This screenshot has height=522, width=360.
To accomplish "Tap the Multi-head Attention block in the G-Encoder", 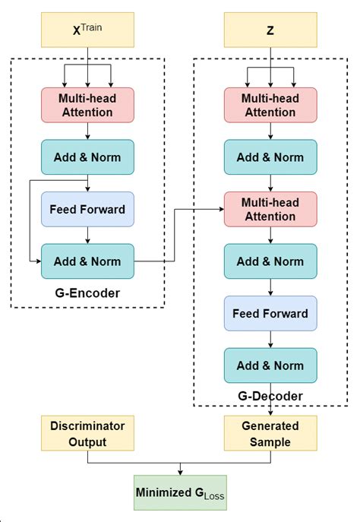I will [x=88, y=105].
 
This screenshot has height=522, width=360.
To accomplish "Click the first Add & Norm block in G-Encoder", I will [x=88, y=157].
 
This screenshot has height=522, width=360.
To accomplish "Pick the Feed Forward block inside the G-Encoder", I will [x=88, y=209].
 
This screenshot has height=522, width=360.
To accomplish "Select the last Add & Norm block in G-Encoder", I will [x=88, y=261].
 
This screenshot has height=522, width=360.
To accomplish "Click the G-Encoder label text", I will [x=88, y=293].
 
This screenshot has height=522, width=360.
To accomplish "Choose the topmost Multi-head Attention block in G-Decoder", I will [x=270, y=105].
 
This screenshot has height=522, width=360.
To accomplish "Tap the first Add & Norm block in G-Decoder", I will [x=270, y=157].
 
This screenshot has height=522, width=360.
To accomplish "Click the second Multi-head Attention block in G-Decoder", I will [x=270, y=209].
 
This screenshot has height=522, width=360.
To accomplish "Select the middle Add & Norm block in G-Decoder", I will [x=270, y=261].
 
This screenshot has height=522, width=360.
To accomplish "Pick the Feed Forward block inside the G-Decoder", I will [x=270, y=313].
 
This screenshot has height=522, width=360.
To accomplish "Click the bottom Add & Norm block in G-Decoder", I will [x=270, y=365].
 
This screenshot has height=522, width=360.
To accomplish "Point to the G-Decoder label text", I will [x=270, y=396].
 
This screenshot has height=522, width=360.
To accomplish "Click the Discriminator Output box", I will [x=88, y=433].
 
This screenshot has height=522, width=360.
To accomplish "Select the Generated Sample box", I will [x=270, y=433].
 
